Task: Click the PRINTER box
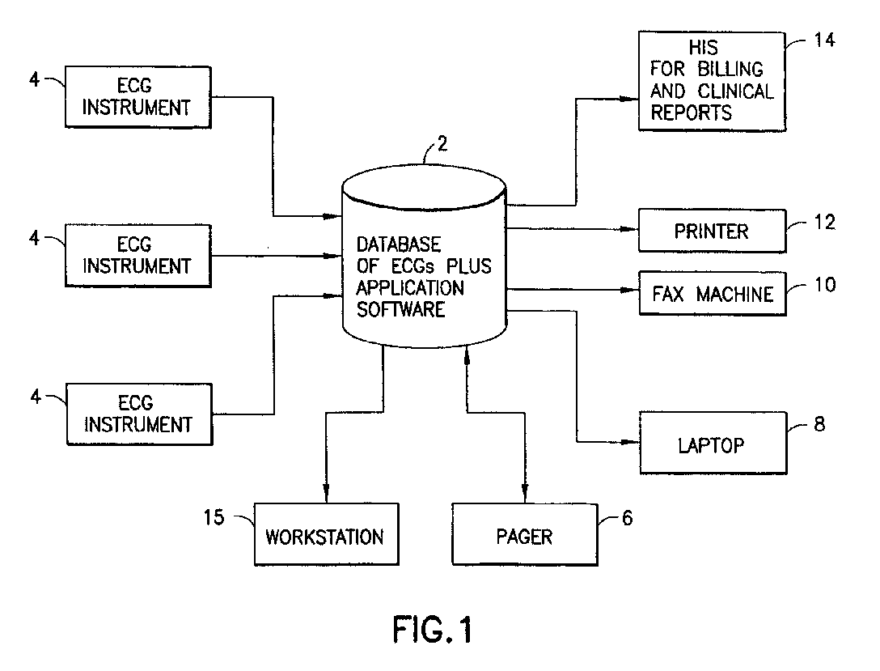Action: coord(712,231)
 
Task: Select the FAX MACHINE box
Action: coord(713,294)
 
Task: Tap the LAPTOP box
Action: coord(713,443)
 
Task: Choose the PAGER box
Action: coord(525,534)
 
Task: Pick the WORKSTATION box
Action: coord(327,534)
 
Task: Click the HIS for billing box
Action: coord(712,82)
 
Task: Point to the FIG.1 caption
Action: coord(432,630)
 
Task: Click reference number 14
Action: coord(824,40)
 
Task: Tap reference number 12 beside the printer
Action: coord(824,223)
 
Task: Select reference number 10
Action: coord(825,285)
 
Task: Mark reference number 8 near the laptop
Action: coord(819,424)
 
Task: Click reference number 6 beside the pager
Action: coord(628,518)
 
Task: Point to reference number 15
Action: coord(214,517)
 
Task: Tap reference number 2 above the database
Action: coord(442,144)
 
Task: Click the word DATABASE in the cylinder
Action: coord(399,244)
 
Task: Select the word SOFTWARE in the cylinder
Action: coord(400,309)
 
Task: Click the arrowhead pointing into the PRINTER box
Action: coord(630,229)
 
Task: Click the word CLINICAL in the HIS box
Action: coord(735,91)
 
